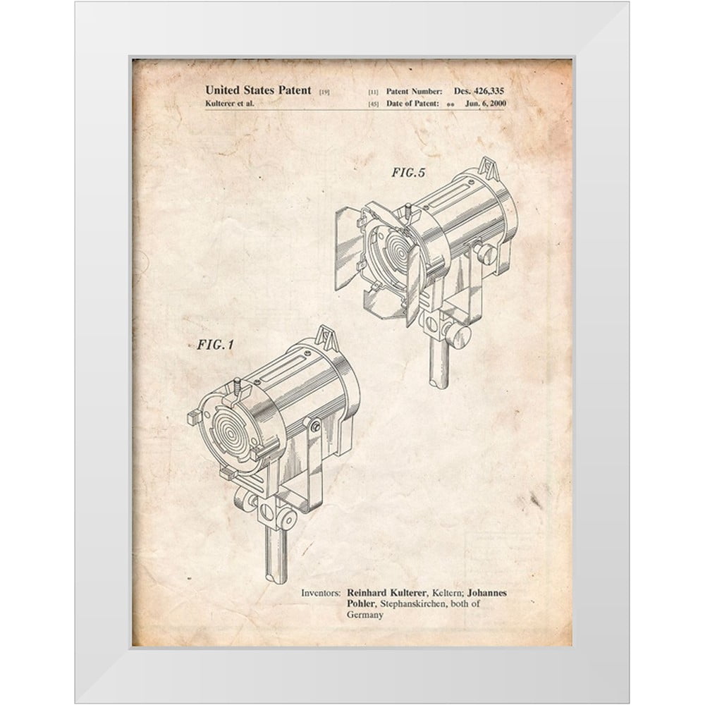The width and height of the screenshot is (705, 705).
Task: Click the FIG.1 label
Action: coord(215,345)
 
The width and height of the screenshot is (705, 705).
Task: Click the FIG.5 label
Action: coord(408,173)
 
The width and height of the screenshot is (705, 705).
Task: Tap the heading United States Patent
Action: coord(258,90)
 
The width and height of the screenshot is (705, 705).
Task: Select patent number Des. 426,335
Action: coord(479,91)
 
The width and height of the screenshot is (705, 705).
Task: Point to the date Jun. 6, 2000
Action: coord(486,104)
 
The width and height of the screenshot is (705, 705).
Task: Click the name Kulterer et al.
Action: coord(230,104)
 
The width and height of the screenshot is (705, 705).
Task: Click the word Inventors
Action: coord(321,593)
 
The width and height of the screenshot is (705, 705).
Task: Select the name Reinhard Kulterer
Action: coord(386,593)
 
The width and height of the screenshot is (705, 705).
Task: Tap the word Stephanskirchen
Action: coord(414,604)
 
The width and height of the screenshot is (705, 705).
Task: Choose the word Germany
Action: coord(365,615)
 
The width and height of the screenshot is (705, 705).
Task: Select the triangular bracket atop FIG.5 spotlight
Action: coord(489,168)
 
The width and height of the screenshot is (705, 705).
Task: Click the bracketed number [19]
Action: coord(324,92)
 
